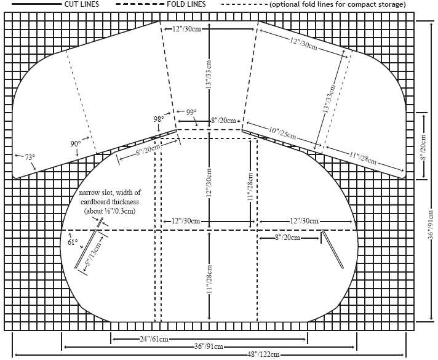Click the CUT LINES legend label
[82, 4]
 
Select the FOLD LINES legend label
[186, 4]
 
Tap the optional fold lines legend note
[338, 4]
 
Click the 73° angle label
[30, 158]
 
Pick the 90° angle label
[76, 143]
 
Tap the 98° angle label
[159, 119]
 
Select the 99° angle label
[191, 113]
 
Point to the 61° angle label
[73, 242]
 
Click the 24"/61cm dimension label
[154, 339]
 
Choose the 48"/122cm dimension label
[263, 354]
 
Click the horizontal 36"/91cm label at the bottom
[209, 347]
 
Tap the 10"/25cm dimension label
[282, 133]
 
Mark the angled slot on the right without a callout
[333, 249]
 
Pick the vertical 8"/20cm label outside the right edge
[423, 148]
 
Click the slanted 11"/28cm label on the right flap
[363, 158]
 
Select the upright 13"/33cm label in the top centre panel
[209, 74]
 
